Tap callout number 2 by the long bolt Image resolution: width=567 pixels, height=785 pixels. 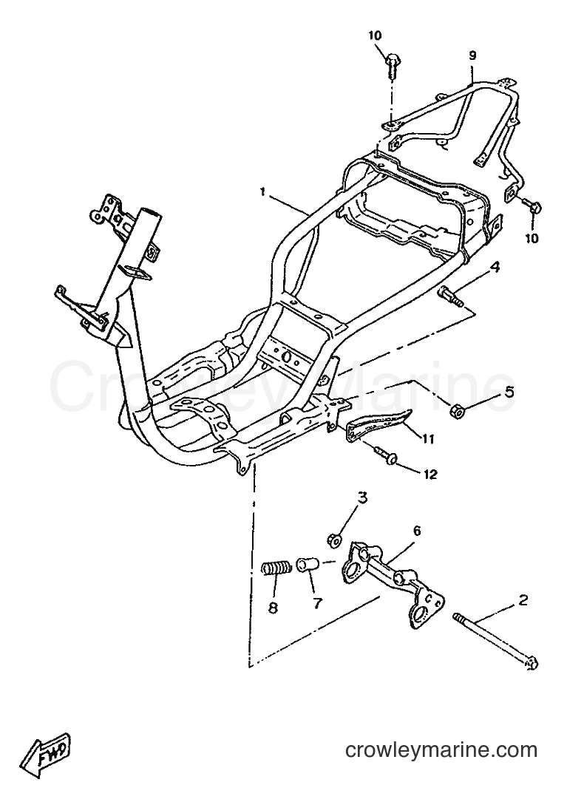[523, 599]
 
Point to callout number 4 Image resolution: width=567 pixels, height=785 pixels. [495, 268]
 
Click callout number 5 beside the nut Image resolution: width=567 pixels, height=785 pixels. [509, 392]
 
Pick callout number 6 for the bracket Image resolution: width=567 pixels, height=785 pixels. [417, 530]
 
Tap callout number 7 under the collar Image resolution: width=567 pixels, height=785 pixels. [318, 603]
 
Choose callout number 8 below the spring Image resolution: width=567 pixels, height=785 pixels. [273, 608]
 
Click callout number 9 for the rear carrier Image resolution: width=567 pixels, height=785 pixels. [472, 55]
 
